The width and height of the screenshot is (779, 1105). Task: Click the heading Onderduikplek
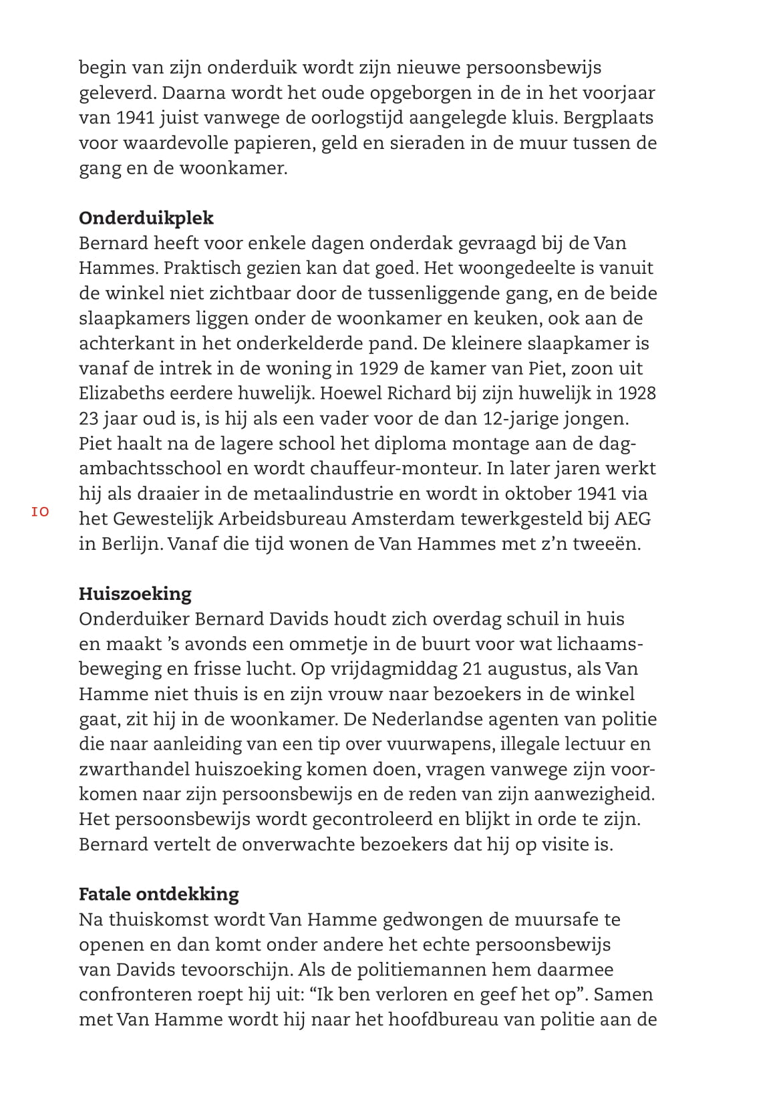[x=146, y=218]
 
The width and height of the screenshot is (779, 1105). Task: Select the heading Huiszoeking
[x=135, y=593]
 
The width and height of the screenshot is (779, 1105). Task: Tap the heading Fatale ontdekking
[x=158, y=894]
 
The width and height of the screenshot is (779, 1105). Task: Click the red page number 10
[x=40, y=512]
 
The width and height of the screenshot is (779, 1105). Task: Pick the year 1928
[x=635, y=393]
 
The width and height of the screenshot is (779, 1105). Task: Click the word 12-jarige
[x=534, y=418]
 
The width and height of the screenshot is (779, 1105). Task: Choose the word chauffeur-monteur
[x=376, y=468]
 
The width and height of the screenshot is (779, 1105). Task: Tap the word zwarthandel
[x=134, y=769]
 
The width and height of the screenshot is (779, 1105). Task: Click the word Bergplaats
[x=608, y=118]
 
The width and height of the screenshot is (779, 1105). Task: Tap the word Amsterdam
[x=409, y=518]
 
